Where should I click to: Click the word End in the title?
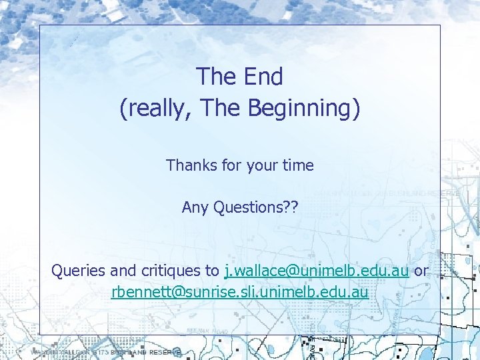pyautogui.click(x=262, y=77)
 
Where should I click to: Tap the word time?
pyautogui.click(x=298, y=165)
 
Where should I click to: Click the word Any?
pyautogui.click(x=195, y=207)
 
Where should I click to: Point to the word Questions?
pyautogui.click(x=247, y=207)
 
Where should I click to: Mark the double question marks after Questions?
pyautogui.click(x=291, y=207)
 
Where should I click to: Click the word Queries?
pyautogui.click(x=79, y=271)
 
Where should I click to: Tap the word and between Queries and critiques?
pyautogui.click(x=125, y=271)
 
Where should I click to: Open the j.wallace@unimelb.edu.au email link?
pyautogui.click(x=317, y=271)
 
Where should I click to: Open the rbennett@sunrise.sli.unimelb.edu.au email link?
pyautogui.click(x=239, y=292)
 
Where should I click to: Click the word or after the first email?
pyautogui.click(x=421, y=271)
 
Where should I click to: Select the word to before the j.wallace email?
pyautogui.click(x=212, y=271)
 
